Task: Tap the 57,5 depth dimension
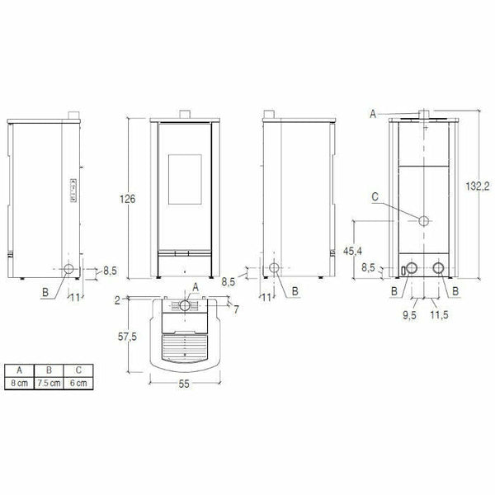[125, 338]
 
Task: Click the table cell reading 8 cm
[20, 383]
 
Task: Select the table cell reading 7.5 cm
[50, 383]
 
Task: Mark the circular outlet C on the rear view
[422, 222]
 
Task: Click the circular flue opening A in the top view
[187, 305]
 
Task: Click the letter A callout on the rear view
[373, 113]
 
